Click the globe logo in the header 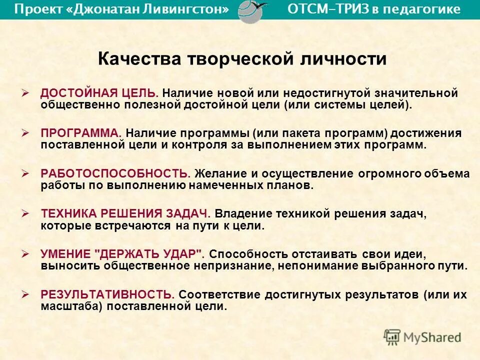[250, 9]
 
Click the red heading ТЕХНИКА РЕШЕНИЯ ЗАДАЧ [125, 213]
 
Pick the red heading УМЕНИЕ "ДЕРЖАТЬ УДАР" [122, 253]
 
